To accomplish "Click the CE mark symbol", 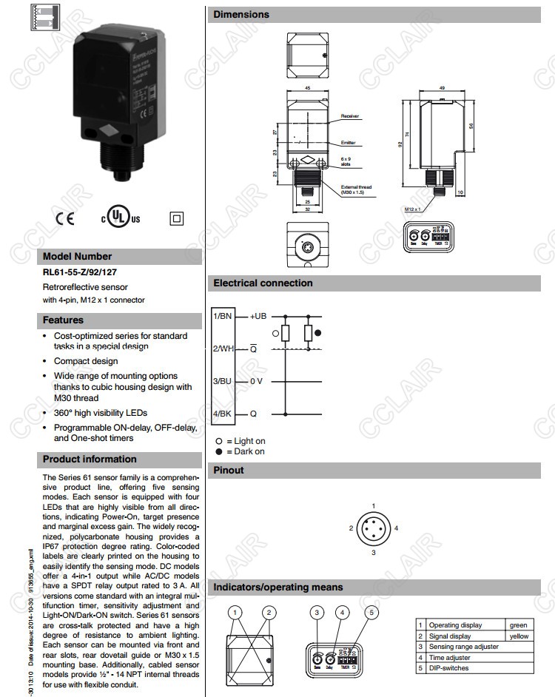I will (65, 218).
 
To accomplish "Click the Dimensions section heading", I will (242, 14).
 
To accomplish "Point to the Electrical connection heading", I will (263, 283).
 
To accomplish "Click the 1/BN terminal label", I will (223, 316).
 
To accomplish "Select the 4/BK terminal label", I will (223, 414).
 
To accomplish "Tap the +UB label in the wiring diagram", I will (258, 316).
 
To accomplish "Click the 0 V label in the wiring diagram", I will (256, 381).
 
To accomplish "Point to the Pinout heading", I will (229, 470).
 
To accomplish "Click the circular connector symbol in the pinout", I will (374, 528).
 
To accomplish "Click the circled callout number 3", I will (317, 612).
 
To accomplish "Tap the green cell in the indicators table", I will (519, 625).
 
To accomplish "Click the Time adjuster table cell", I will (450, 657).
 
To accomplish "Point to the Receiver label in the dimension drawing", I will (349, 117).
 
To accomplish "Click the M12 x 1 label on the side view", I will (413, 209).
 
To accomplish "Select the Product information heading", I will (90, 459).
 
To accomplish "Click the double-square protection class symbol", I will (176, 218).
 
